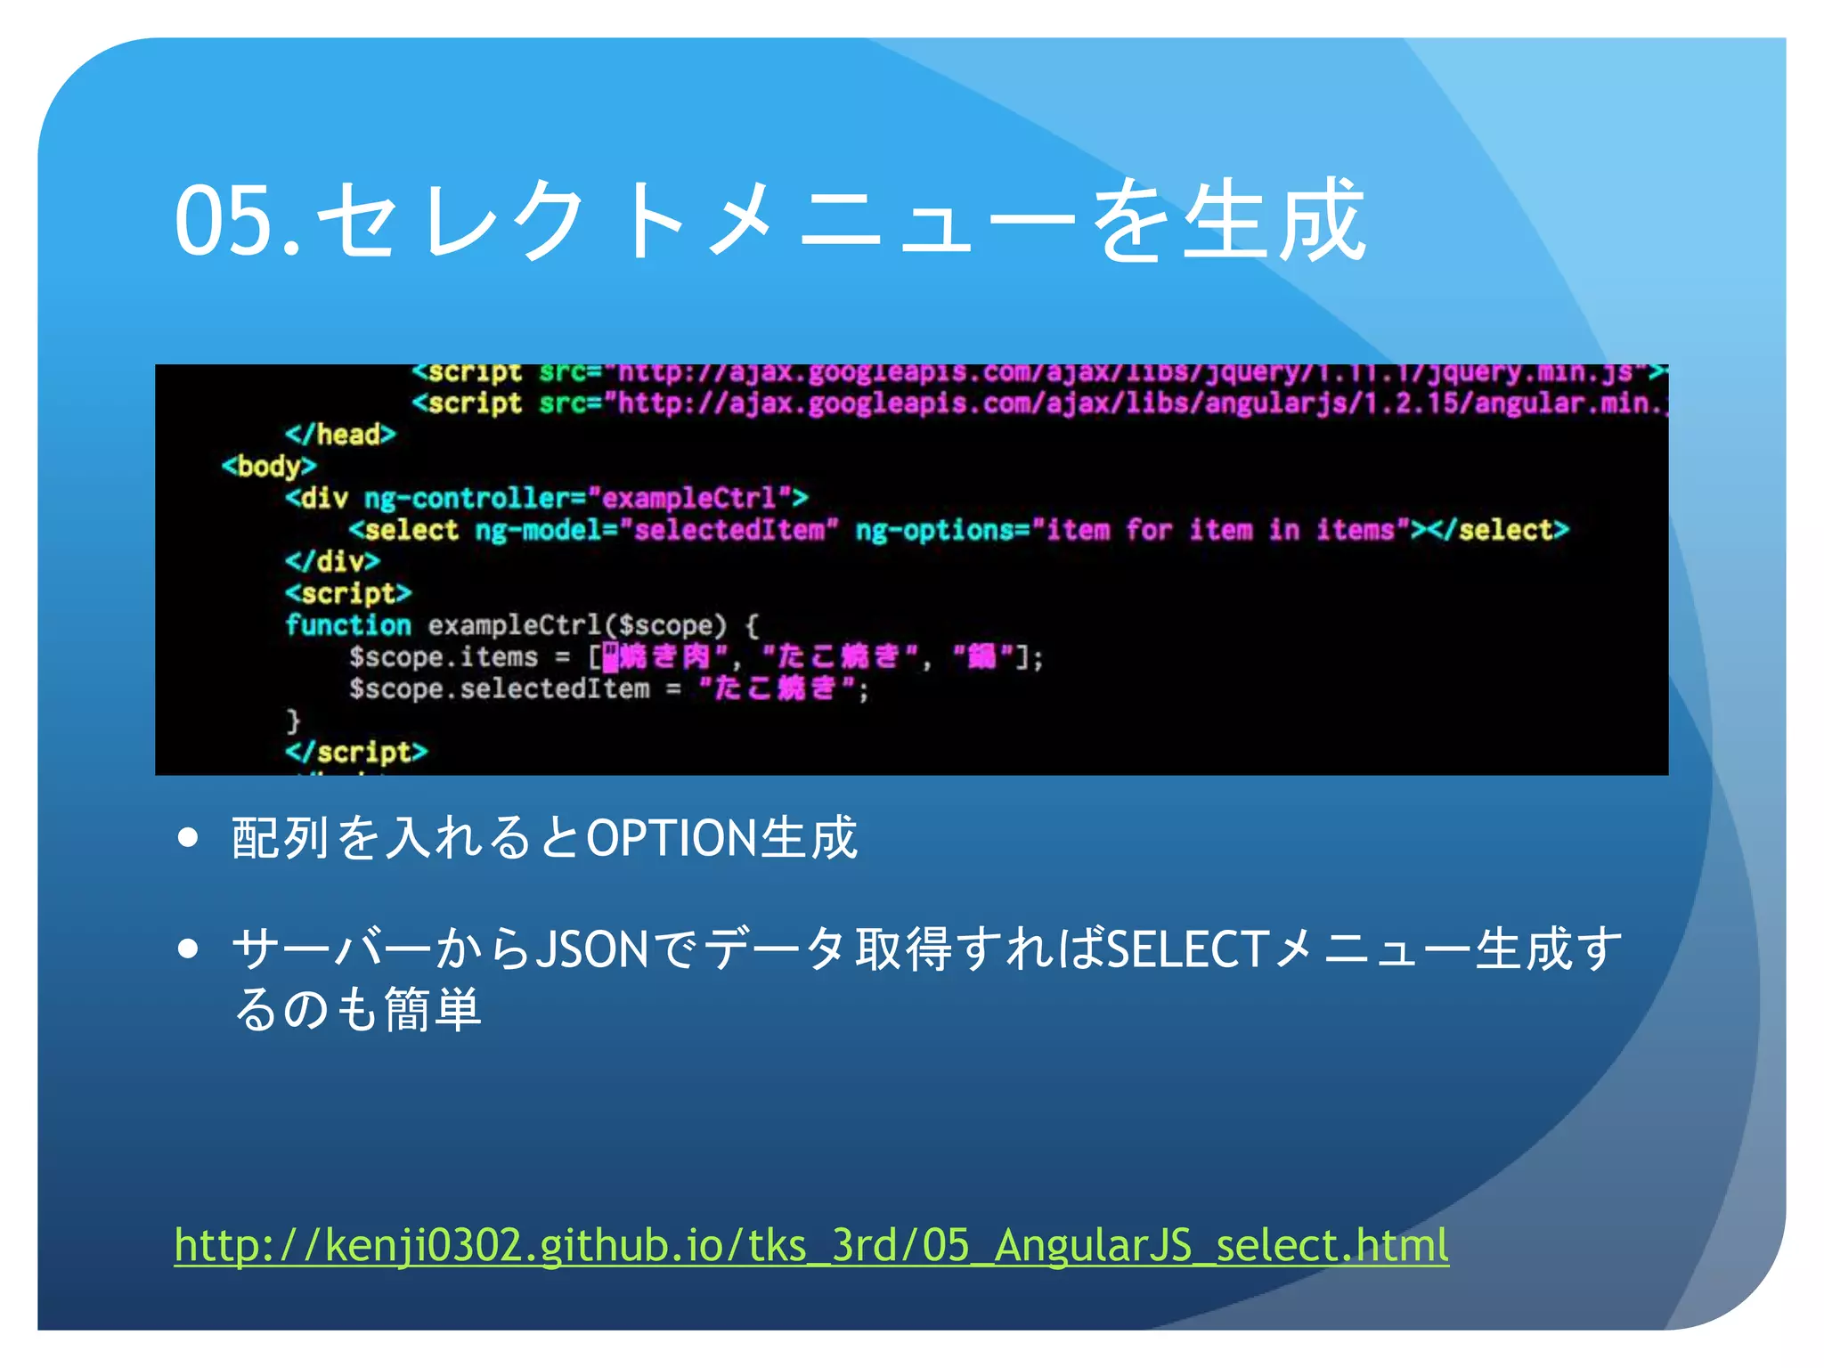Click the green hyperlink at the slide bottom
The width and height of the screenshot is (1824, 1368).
810,1244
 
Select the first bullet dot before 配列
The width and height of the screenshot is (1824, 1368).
187,838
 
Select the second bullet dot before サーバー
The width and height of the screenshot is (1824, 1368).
187,949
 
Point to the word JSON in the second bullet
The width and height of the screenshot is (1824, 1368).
593,949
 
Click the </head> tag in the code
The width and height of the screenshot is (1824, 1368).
340,435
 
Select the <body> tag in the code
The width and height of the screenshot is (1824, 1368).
269,466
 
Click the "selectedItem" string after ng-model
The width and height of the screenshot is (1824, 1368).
729,530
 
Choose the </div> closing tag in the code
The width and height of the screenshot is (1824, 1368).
333,561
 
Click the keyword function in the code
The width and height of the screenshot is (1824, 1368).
348,625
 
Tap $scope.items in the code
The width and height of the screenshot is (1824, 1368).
444,657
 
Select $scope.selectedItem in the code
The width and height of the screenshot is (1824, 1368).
499,688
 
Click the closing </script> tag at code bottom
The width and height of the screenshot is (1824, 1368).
356,752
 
